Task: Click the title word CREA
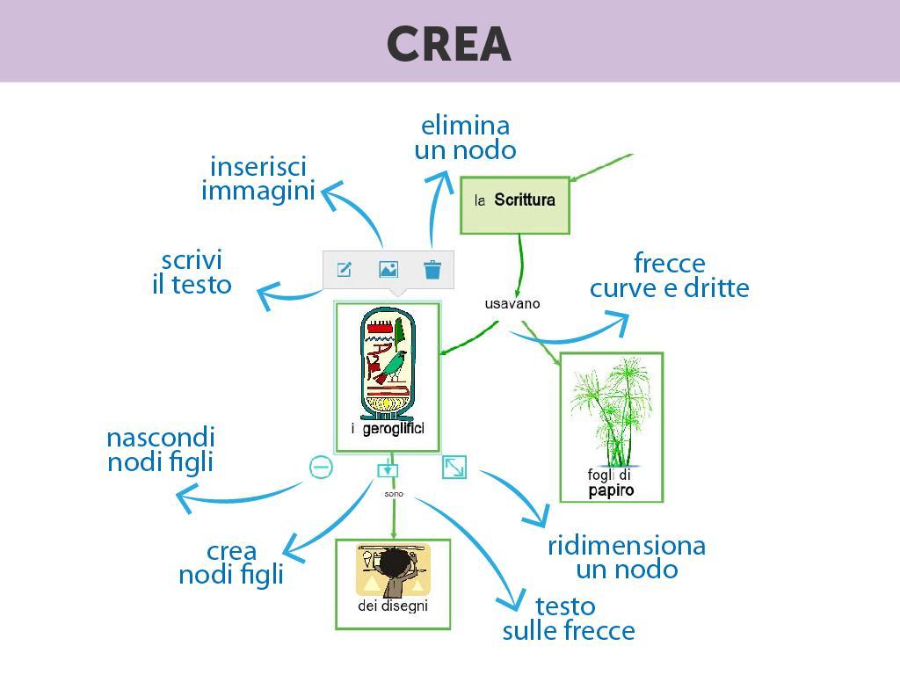click(x=448, y=44)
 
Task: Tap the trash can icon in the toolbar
click(x=432, y=270)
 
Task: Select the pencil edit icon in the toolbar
click(x=345, y=270)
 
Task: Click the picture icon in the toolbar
click(x=388, y=270)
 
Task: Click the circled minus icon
click(x=322, y=468)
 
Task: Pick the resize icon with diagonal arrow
click(x=454, y=468)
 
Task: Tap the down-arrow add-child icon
click(x=388, y=470)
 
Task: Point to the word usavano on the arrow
click(x=512, y=304)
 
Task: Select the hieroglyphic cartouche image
click(x=388, y=361)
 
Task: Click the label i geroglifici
click(x=388, y=428)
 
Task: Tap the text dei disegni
click(x=393, y=606)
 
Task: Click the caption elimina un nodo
click(x=465, y=138)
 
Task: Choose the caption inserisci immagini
click(x=258, y=178)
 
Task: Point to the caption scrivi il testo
click(x=192, y=272)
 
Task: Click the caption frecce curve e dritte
click(x=669, y=276)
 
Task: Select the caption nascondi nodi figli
click(x=161, y=449)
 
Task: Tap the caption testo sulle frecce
click(x=568, y=619)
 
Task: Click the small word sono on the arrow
click(x=394, y=494)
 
